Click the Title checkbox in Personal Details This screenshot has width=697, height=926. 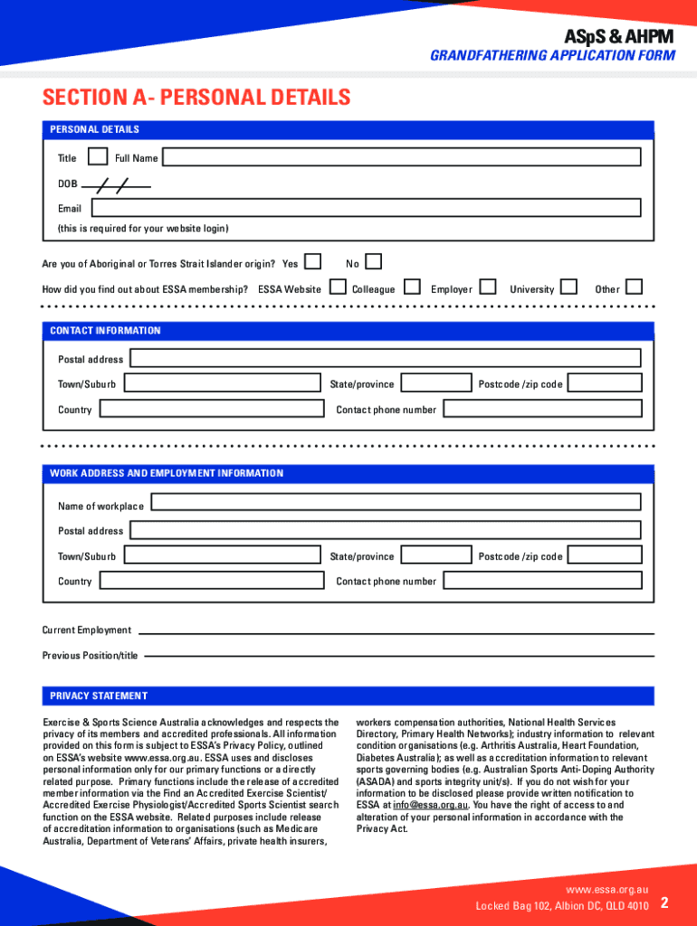[98, 157]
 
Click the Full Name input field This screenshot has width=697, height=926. [401, 157]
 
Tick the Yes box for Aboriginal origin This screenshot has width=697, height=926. [312, 262]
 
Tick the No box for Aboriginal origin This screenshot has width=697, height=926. [373, 262]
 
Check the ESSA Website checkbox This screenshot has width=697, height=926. [338, 288]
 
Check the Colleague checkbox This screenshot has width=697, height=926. [412, 288]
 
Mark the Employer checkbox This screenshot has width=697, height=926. [488, 288]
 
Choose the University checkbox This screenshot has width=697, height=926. [569, 288]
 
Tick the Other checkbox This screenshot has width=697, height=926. [635, 288]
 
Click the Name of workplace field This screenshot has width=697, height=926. [396, 502]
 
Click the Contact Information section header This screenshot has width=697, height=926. [106, 331]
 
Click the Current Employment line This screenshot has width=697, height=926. [396, 632]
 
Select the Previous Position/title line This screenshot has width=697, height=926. [398, 656]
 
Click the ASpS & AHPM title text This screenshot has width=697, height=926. [619, 37]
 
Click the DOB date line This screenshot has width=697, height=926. [116, 184]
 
